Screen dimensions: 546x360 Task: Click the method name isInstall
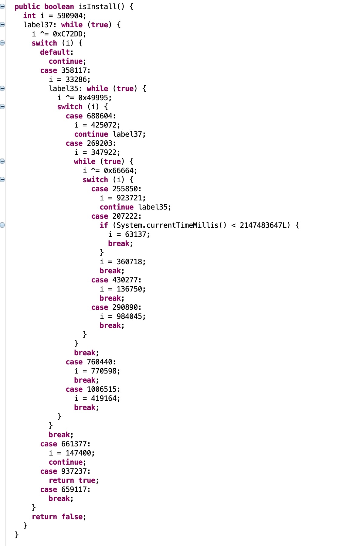click(98, 7)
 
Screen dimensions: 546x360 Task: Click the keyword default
click(55, 52)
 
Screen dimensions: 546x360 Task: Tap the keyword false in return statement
click(72, 517)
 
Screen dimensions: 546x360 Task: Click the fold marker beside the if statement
click(2, 225)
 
